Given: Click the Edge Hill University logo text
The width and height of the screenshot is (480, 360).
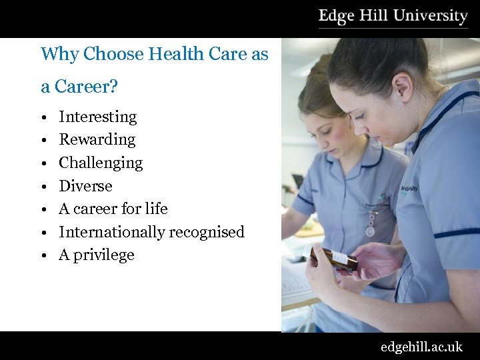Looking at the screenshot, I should pyautogui.click(x=393, y=15).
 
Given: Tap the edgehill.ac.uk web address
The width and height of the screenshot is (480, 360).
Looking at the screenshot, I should pyautogui.click(x=421, y=347).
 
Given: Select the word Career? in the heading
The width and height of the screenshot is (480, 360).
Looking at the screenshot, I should pyautogui.click(x=85, y=86).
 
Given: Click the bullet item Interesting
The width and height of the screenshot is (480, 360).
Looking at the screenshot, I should pyautogui.click(x=97, y=117).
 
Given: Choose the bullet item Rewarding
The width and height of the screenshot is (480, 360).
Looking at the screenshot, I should pyautogui.click(x=97, y=139).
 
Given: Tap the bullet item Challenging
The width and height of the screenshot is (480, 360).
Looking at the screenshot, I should pyautogui.click(x=101, y=163).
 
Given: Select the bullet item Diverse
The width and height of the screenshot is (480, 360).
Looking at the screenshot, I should pyautogui.click(x=85, y=186).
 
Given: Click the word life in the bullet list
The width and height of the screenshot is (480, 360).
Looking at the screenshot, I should pyautogui.click(x=156, y=209).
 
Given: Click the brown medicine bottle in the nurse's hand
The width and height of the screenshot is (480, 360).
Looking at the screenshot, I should pyautogui.click(x=333, y=257).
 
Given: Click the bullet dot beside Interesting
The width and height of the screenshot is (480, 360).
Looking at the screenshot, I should pyautogui.click(x=42, y=118).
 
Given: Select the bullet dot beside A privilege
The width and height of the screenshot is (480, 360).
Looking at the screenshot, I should pyautogui.click(x=42, y=256).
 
